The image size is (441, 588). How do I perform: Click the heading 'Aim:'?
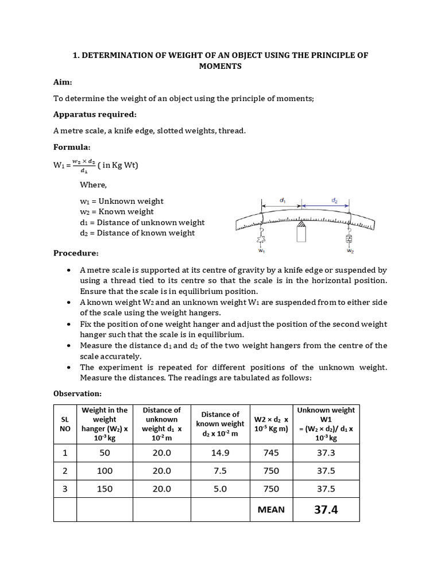pos(63,83)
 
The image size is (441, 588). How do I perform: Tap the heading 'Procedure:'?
pos(76,253)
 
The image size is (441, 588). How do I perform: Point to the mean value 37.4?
pos(326,509)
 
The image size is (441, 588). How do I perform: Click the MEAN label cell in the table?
pos(270,509)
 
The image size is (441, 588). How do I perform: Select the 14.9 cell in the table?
pos(220,452)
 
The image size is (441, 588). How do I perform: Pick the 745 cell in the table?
pos(270,452)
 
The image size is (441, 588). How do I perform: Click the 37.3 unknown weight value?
pos(326,452)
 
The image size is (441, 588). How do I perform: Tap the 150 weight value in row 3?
pos(105,489)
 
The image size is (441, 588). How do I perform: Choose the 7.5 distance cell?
pos(220,471)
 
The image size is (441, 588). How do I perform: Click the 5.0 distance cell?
pos(220,489)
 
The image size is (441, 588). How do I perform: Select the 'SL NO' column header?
pos(65,424)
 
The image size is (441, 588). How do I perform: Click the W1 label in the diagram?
pos(261,251)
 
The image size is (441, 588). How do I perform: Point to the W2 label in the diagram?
pos(350,251)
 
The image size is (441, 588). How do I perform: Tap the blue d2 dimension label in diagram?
pos(334,200)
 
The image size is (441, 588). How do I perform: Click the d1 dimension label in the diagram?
pos(283,200)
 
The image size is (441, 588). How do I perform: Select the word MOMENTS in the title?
pos(220,67)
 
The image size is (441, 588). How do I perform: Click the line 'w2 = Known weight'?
pos(121,212)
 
